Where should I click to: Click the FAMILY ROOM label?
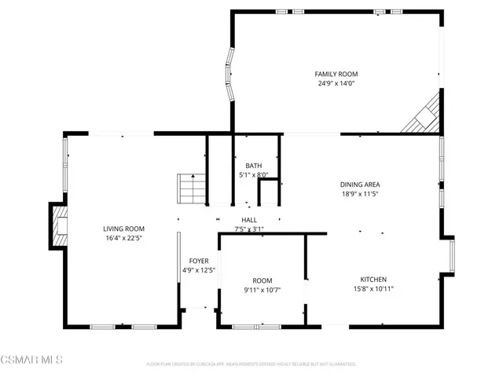click(336, 74)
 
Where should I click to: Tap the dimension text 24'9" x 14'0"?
click(336, 83)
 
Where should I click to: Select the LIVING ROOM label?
click(123, 229)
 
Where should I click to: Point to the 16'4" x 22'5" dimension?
click(123, 238)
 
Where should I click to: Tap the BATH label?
click(253, 166)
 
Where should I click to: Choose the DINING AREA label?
click(360, 185)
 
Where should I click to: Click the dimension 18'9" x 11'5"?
click(360, 194)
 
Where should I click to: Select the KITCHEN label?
click(373, 280)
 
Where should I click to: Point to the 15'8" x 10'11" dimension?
click(373, 289)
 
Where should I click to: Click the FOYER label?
click(198, 261)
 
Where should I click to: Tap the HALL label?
click(249, 220)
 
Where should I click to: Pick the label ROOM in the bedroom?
click(262, 280)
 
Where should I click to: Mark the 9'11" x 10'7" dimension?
click(262, 290)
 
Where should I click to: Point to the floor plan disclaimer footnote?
click(251, 364)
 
